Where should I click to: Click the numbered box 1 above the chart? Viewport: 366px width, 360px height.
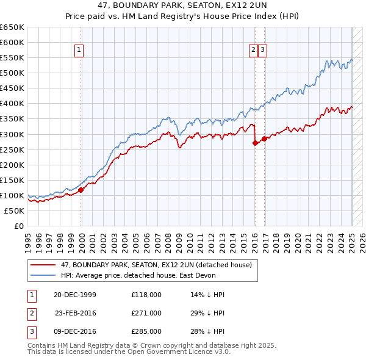click(x=80, y=51)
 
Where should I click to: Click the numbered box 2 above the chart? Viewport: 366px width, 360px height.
click(x=253, y=51)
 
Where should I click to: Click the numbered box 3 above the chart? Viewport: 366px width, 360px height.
click(x=262, y=51)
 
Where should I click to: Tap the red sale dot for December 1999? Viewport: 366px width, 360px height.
click(x=81, y=190)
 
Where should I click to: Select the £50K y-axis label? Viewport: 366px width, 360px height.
click(x=14, y=211)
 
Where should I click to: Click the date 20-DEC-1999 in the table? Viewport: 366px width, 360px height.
click(x=75, y=295)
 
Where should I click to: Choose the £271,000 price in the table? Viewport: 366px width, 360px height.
click(x=146, y=313)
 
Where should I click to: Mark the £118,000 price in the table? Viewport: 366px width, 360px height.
click(x=146, y=295)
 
